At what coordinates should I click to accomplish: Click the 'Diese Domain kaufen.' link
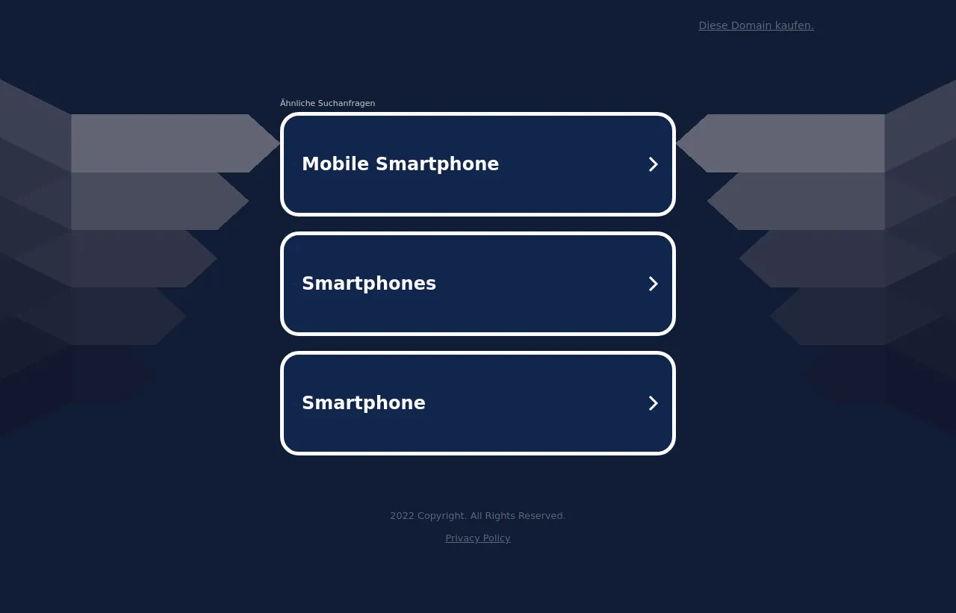click(756, 25)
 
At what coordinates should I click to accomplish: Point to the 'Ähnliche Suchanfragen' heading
click(327, 103)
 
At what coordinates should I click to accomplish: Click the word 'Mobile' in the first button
click(335, 164)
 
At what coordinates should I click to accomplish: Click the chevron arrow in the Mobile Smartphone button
click(653, 164)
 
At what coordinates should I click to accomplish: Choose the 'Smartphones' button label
click(369, 284)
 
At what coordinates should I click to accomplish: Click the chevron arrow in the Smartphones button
click(653, 284)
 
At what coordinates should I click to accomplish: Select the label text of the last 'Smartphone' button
click(364, 403)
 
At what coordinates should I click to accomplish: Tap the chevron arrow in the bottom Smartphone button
click(653, 403)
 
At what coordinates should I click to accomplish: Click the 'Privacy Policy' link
click(477, 538)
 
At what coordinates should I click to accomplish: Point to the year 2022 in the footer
click(402, 516)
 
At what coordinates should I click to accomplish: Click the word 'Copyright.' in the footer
click(441, 516)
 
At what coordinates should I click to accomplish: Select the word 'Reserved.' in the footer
click(541, 516)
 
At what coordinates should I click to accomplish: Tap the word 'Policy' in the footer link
click(497, 538)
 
